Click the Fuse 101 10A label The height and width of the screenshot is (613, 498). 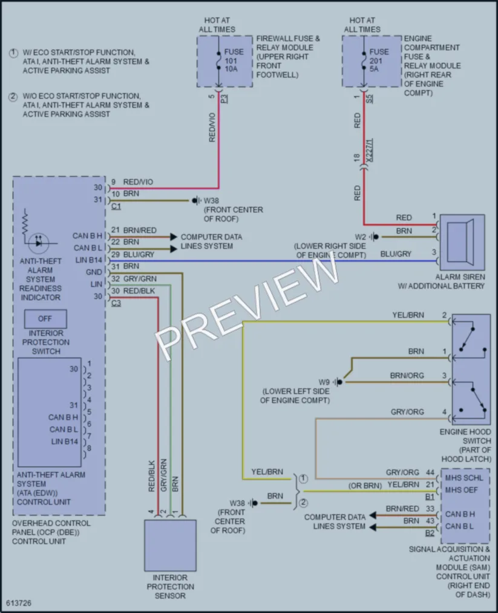pyautogui.click(x=234, y=60)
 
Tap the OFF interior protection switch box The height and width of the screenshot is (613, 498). pyautogui.click(x=45, y=319)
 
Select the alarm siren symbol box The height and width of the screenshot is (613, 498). pyautogui.click(x=462, y=243)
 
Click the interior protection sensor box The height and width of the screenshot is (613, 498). pyautogui.click(x=171, y=545)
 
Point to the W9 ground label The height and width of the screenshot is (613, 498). pyautogui.click(x=324, y=382)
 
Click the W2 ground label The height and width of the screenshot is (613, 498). pyautogui.click(x=361, y=237)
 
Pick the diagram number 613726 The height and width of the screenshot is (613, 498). pyautogui.click(x=19, y=603)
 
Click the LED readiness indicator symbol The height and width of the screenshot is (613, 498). pyautogui.click(x=38, y=243)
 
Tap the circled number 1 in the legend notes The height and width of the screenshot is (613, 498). pyautogui.click(x=14, y=53)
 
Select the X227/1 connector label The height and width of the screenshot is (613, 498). pyautogui.click(x=370, y=150)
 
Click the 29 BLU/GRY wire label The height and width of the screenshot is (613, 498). pyautogui.click(x=133, y=255)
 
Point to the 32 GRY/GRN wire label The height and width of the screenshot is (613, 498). pyautogui.click(x=134, y=279)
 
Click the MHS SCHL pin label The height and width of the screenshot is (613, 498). pyautogui.click(x=464, y=477)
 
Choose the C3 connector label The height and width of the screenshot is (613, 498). pyautogui.click(x=116, y=303)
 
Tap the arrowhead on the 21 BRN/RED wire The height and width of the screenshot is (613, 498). pyautogui.click(x=174, y=237)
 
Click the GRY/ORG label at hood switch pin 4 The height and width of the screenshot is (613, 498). pyautogui.click(x=407, y=411)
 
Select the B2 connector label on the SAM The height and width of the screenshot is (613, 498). pyautogui.click(x=430, y=533)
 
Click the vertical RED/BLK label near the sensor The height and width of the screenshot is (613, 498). pyautogui.click(x=152, y=476)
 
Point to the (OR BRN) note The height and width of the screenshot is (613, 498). pyautogui.click(x=365, y=485)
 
